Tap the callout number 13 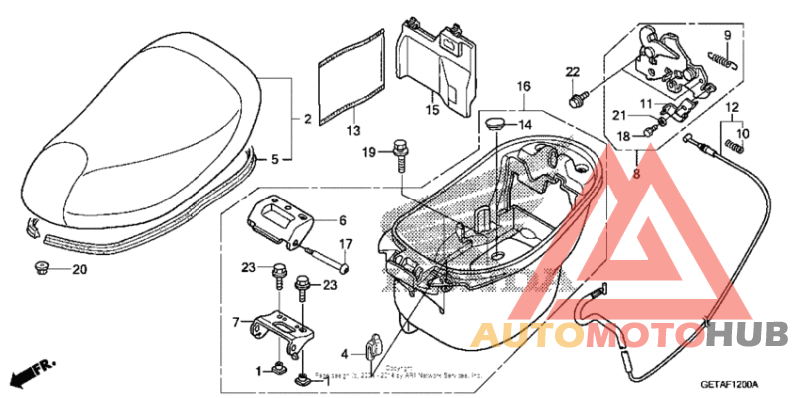(353, 131)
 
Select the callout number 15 (434, 110)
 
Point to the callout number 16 (523, 88)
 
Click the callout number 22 (572, 71)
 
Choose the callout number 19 (368, 151)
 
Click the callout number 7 (236, 322)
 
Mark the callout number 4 (344, 353)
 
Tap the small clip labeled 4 (371, 345)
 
